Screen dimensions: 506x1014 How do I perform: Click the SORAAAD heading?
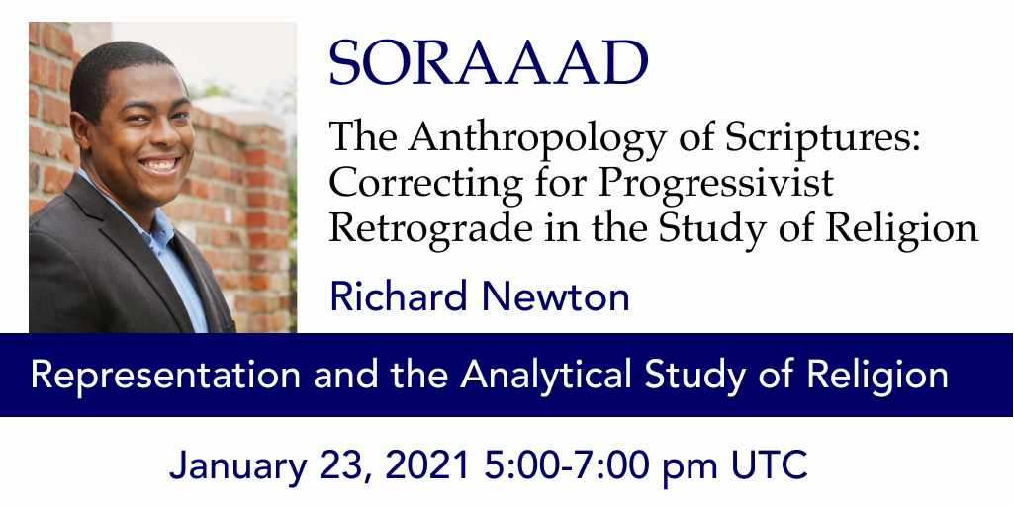coord(489,64)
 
